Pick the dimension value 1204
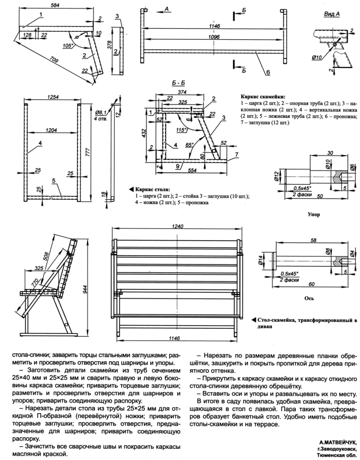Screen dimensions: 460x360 (x=52, y=129)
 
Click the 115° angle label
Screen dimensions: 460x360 (x=184, y=129)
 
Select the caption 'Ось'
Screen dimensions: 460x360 (x=308, y=299)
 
